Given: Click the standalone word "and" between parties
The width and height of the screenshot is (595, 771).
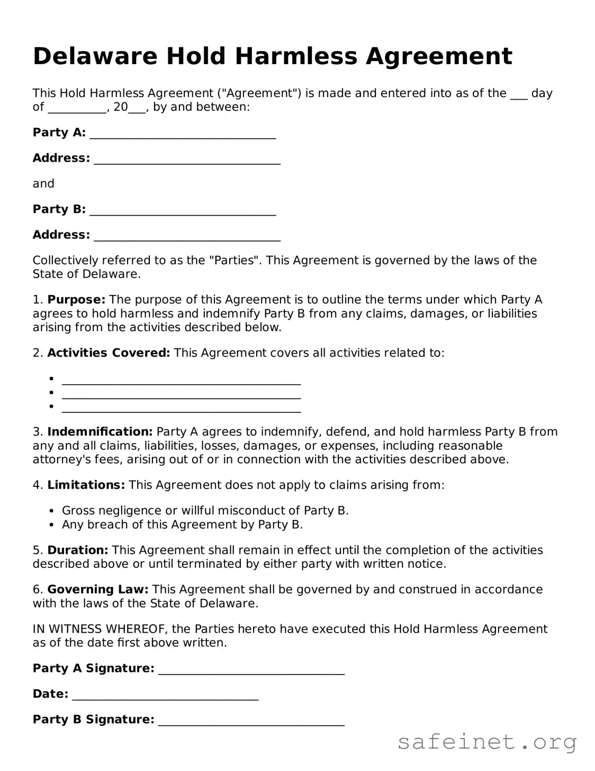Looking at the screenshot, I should (43, 184).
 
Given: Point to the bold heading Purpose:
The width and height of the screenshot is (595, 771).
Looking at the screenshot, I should (76, 300).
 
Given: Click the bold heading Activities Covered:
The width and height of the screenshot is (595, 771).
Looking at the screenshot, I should (109, 353).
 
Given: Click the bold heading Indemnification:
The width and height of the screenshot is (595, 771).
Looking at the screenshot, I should (100, 432).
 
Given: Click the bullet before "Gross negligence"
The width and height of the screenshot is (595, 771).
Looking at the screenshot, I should (51, 511).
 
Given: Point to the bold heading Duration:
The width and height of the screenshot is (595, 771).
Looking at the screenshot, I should (78, 550).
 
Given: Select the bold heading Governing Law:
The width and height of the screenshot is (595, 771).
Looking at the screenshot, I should (98, 589).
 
